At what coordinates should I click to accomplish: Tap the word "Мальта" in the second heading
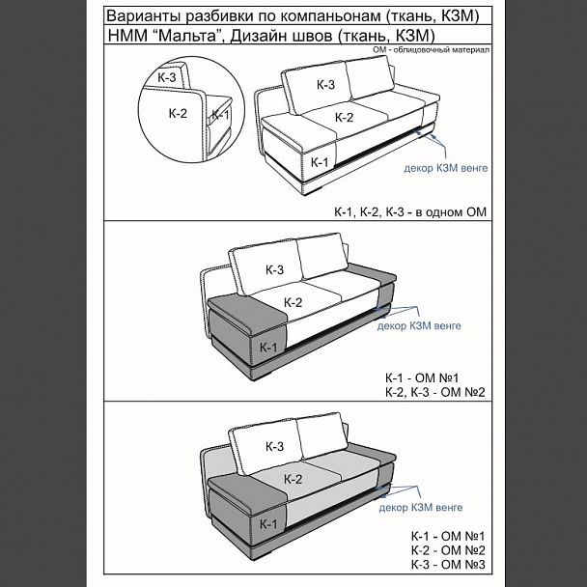coord(187,36)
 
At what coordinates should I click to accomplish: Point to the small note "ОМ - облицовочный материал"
coord(431,50)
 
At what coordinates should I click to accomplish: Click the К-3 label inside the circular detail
coord(167,77)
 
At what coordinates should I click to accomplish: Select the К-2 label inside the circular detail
coord(178,113)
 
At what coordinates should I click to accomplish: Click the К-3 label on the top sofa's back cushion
coord(325,85)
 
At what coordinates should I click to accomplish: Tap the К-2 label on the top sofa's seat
coord(344,118)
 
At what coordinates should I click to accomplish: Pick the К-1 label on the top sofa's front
coord(320,162)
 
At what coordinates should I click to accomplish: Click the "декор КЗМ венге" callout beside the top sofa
coord(445,168)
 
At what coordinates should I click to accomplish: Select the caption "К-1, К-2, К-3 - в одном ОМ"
coord(410,212)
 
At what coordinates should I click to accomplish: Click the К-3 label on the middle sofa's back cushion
coord(274,269)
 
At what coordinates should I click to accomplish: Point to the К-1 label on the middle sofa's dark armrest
coord(268,348)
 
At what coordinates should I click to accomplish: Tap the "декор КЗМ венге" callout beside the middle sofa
coord(419,325)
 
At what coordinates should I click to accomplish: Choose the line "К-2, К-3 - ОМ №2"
coord(435,392)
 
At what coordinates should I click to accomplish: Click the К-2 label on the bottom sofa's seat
coord(293,479)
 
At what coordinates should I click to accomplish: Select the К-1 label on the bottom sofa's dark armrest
coord(268,524)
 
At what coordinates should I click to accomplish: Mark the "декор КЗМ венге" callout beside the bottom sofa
coord(420,508)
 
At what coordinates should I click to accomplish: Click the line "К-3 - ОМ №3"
coord(448,565)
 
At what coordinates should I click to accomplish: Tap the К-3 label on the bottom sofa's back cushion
coord(274,446)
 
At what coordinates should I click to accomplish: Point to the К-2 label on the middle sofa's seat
coord(293,302)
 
